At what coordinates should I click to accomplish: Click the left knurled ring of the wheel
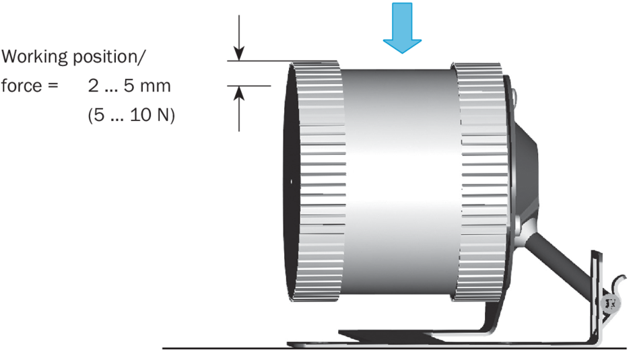pos(316,182)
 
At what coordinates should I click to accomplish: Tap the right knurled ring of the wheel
pos(479,182)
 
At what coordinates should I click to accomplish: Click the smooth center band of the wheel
pos(401,182)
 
